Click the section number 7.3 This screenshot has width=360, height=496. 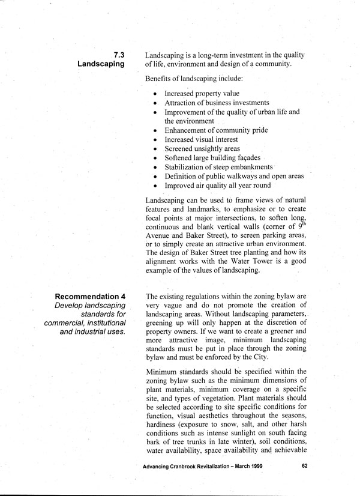tap(118, 55)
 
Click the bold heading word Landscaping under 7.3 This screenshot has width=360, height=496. tap(101, 64)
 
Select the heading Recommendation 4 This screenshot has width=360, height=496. tap(90, 297)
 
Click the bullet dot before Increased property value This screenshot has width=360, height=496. tap(155, 94)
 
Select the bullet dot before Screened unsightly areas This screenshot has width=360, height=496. tap(155, 149)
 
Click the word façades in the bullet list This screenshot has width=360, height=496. tap(245, 157)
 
